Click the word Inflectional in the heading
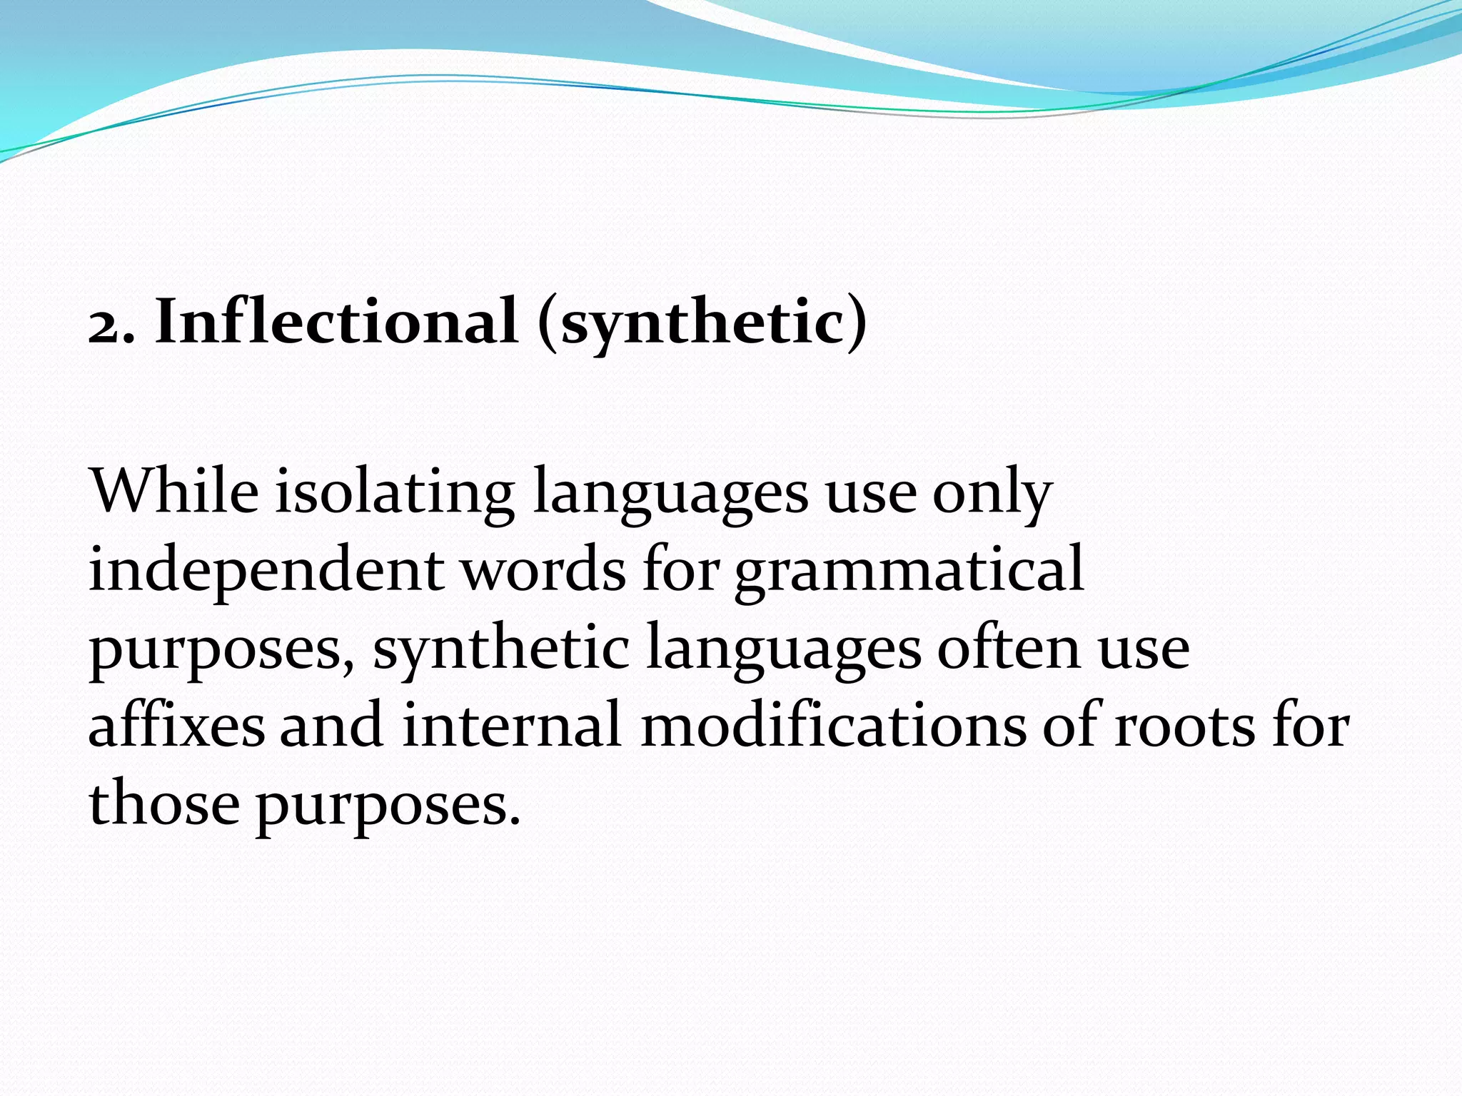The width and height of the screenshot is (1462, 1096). (x=336, y=321)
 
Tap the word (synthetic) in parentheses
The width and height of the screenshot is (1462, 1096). (x=703, y=323)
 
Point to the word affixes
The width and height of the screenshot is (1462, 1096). (x=176, y=725)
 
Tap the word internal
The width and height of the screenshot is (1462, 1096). (x=511, y=725)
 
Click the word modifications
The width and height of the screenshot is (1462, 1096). (x=832, y=725)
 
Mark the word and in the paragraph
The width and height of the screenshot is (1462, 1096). (x=331, y=725)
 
